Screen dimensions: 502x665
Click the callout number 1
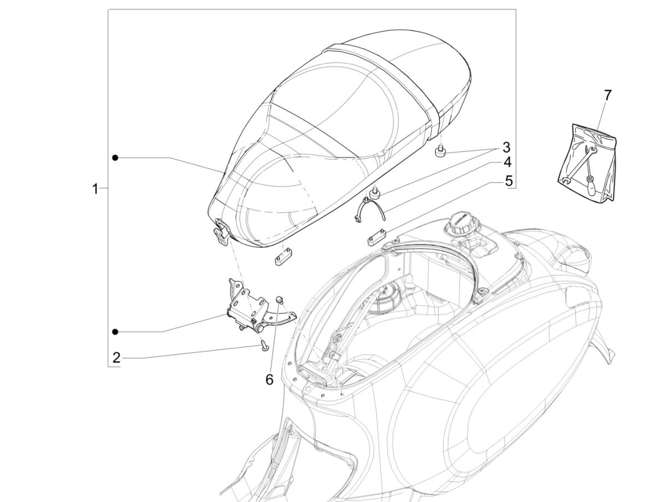point(95,189)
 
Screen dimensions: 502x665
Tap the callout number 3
point(506,148)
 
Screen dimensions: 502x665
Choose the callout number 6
point(269,379)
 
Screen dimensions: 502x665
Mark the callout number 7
point(607,95)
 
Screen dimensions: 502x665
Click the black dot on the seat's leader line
point(115,158)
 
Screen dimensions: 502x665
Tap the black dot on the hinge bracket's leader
point(115,332)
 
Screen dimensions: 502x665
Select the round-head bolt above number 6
point(280,300)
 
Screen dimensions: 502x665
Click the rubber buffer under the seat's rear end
point(441,151)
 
